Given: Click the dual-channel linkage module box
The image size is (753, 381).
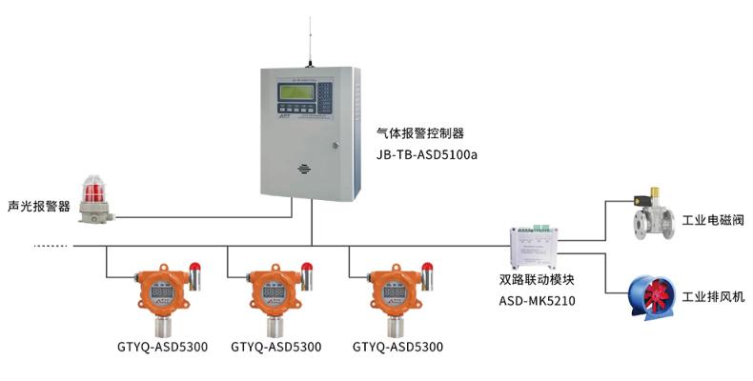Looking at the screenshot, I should (539, 246).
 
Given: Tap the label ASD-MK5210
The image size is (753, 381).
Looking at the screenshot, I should (538, 300).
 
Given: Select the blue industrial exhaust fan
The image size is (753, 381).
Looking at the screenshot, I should (655, 295).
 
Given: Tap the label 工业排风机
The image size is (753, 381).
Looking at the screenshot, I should (712, 297).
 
